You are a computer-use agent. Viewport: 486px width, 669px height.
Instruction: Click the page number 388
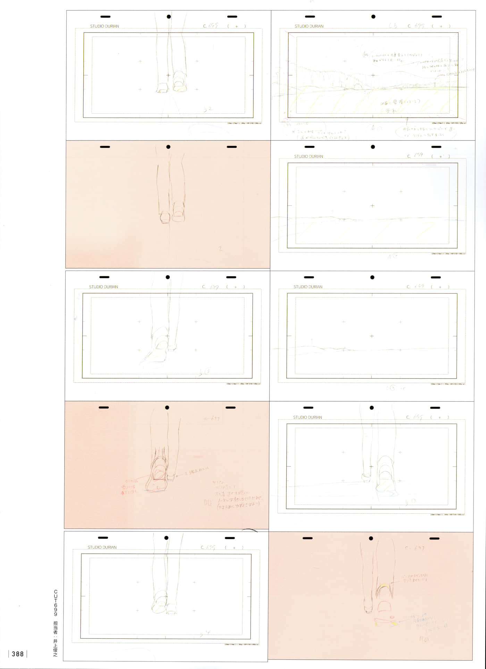17,654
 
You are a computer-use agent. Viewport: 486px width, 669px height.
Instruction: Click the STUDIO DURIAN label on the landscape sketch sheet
309,26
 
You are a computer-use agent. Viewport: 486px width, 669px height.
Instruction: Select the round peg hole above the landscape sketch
373,17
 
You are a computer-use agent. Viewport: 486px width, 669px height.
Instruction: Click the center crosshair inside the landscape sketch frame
373,75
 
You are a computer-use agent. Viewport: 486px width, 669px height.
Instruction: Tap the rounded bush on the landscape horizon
357,86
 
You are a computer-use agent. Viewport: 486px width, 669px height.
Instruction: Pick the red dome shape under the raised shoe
384,606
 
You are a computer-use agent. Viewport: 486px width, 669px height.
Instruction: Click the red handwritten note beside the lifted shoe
129,487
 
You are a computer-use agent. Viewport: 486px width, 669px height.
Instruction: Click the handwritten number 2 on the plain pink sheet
220,248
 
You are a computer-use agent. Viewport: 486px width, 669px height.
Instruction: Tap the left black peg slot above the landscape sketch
310,17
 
